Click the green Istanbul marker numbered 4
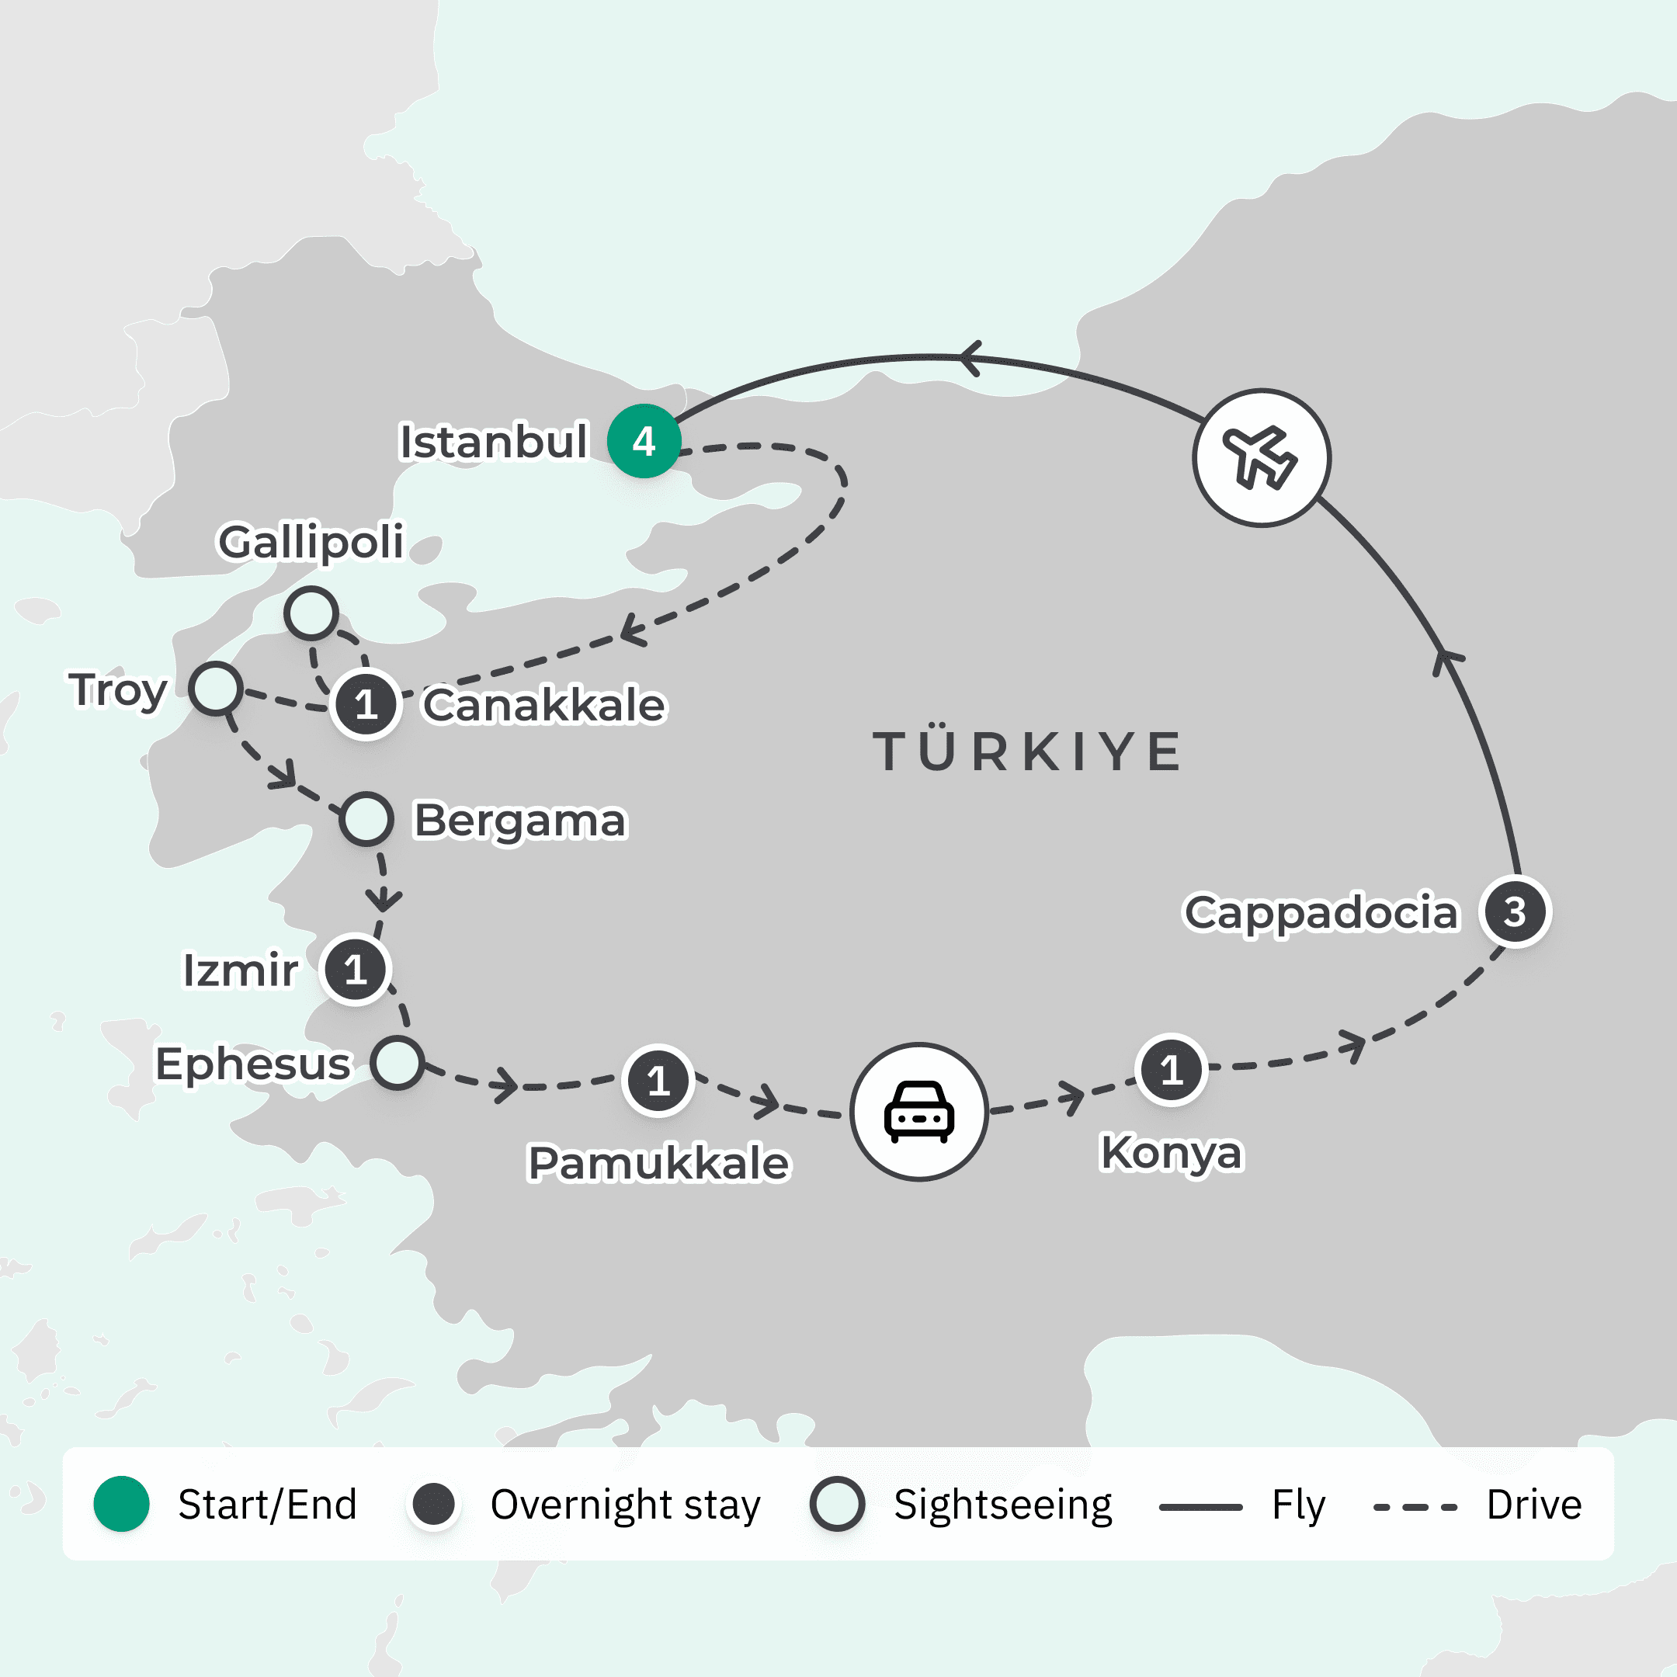[643, 441]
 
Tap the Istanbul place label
[492, 441]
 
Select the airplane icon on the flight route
[1260, 457]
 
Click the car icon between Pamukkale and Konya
[918, 1111]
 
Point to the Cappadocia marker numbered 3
[1515, 911]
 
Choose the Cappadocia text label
[1320, 912]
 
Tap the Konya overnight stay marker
[1171, 1069]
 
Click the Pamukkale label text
[658, 1163]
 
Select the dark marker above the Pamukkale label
[658, 1081]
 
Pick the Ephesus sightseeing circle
[398, 1062]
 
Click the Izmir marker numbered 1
[355, 970]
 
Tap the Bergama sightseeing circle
[366, 818]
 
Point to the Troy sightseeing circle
[215, 689]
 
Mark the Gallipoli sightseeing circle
[311, 613]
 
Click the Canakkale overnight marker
[366, 704]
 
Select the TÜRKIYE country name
[1027, 752]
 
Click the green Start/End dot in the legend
[122, 1503]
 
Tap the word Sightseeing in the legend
[1002, 1505]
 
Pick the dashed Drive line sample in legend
[1415, 1507]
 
